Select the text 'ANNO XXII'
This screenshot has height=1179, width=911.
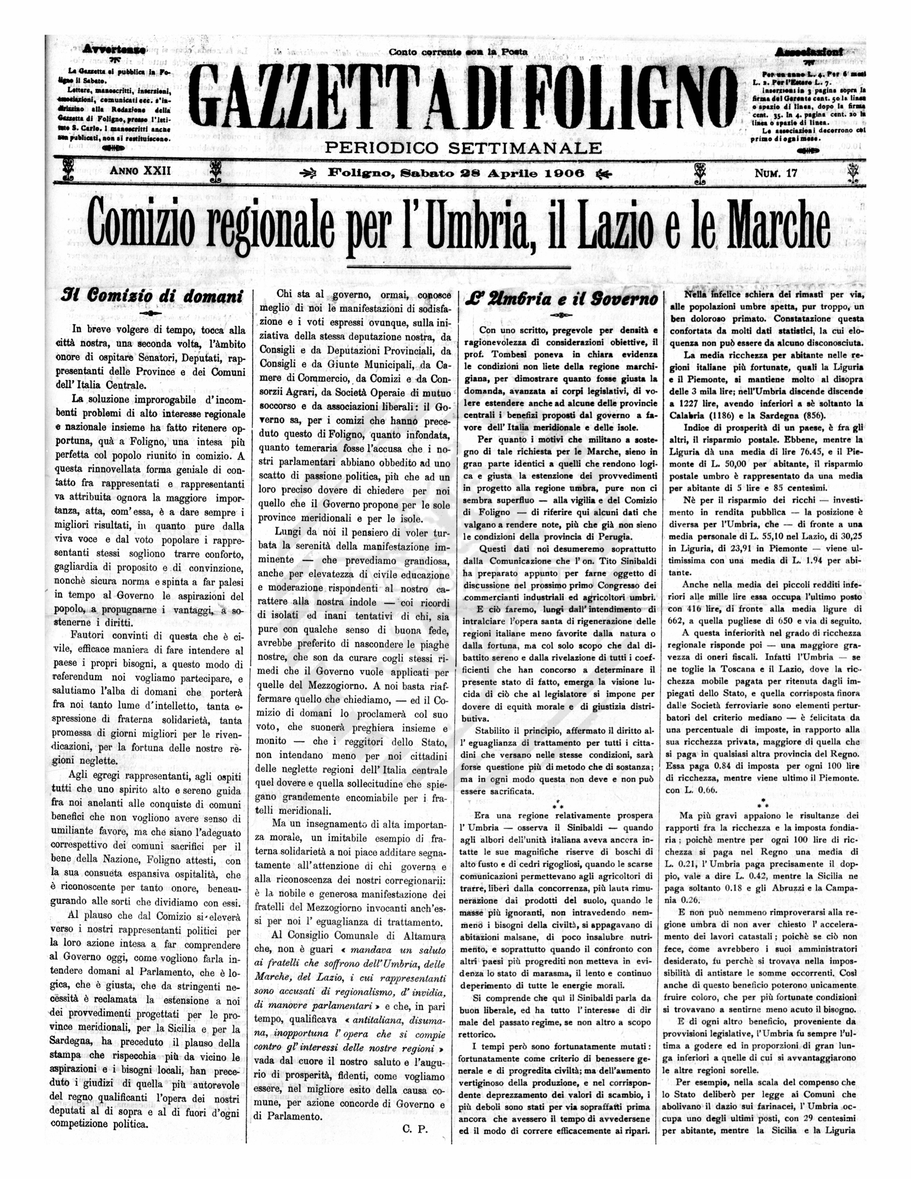point(140,171)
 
